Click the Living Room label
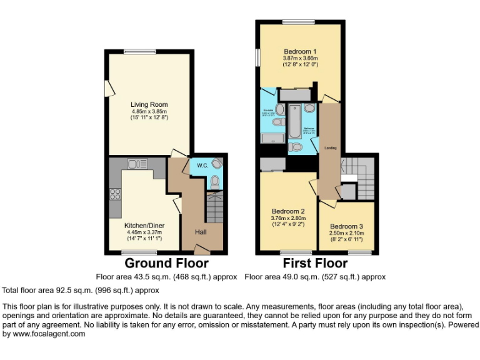tap(149, 104)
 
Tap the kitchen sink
tap(137, 164)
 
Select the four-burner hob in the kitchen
tap(116, 194)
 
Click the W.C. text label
tap(202, 166)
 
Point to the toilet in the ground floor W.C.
tap(214, 182)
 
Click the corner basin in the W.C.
tap(216, 163)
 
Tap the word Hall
tap(201, 232)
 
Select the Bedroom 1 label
tap(300, 51)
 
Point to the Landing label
tap(330, 148)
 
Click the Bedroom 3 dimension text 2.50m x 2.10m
tap(346, 232)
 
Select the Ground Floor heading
tap(167, 263)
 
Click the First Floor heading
tap(315, 263)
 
